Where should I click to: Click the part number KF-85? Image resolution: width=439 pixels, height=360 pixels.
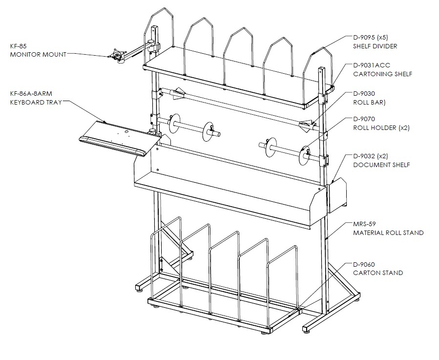pos(19,46)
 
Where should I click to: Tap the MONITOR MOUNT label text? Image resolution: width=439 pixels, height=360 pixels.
pos(38,54)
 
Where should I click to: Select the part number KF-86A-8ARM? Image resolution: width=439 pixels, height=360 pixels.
pos(31,94)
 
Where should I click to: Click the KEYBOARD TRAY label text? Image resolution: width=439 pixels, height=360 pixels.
pos(36,102)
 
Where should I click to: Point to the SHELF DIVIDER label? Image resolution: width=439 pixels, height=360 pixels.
pos(375,46)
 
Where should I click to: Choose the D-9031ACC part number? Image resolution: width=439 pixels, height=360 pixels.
pos(372,65)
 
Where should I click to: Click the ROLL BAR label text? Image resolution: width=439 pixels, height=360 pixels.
pos(369,102)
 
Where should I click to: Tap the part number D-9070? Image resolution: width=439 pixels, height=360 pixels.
pos(364,119)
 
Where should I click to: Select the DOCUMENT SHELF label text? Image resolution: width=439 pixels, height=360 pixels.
pos(381,165)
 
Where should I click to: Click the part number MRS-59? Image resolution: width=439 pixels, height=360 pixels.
pos(364,224)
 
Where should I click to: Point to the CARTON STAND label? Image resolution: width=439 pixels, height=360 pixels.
pos(378,273)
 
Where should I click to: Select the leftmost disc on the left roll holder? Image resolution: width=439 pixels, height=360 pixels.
pos(174,123)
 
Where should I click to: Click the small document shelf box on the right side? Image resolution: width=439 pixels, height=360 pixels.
pos(337,195)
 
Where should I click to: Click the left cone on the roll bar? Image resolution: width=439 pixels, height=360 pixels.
pos(179,94)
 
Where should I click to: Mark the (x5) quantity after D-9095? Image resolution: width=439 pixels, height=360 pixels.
pos(382,37)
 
